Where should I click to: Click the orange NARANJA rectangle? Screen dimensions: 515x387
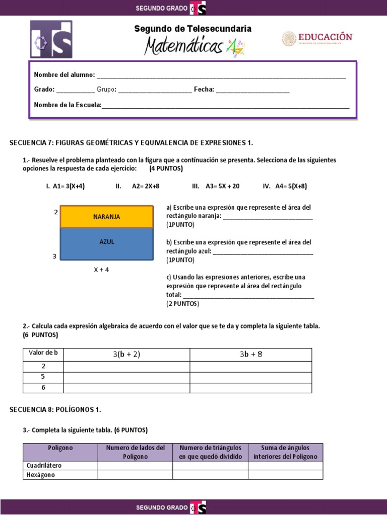point(106,217)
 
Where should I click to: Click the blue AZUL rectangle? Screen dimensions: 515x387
point(106,244)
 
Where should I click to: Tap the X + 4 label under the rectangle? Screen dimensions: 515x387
point(101,270)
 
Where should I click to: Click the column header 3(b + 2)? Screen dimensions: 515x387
point(126,355)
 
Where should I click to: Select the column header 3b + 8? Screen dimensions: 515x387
point(250,355)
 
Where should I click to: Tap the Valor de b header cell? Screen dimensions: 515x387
point(43,353)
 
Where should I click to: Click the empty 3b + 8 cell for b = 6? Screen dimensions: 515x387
point(250,388)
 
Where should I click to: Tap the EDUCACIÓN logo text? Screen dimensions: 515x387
point(325,37)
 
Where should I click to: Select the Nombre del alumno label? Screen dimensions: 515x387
point(64,75)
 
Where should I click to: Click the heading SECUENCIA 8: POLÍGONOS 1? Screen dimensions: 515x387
point(55,410)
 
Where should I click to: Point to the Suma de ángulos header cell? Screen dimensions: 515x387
point(285,452)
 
